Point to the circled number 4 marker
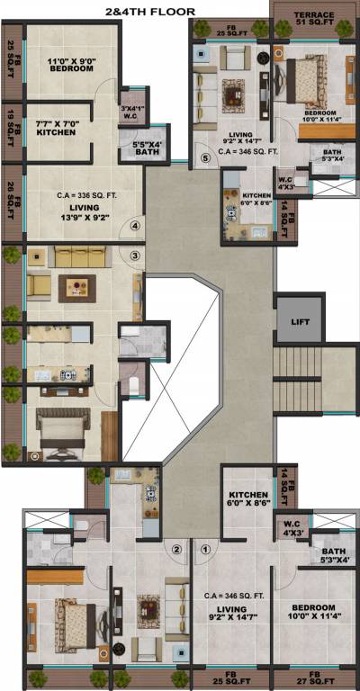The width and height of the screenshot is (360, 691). click(x=136, y=226)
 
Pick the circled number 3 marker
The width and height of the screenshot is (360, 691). click(x=135, y=256)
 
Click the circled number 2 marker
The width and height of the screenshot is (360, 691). click(x=177, y=549)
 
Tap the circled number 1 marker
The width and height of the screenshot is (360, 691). click(x=205, y=549)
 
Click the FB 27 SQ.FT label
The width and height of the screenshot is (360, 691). click(x=314, y=677)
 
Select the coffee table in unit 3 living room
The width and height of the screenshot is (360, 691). click(x=74, y=289)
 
